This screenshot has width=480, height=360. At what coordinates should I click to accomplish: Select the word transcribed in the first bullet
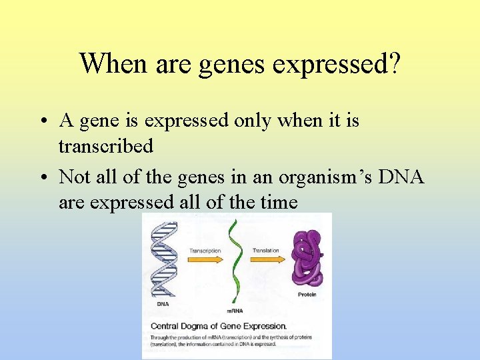[105, 145]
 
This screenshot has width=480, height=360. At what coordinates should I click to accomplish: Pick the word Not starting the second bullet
[75, 177]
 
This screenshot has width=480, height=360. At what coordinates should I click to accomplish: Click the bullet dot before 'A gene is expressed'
[42, 121]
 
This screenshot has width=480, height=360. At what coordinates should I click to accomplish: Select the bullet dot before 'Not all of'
[42, 177]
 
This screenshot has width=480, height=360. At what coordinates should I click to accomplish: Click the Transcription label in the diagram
[205, 251]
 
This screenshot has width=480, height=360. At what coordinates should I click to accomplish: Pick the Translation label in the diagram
[265, 251]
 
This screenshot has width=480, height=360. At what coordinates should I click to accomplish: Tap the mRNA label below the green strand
[234, 311]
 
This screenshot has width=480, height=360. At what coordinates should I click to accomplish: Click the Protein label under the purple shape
[307, 295]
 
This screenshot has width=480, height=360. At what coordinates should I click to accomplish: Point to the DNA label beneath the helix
[163, 304]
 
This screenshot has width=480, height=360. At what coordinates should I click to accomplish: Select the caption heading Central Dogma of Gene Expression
[219, 326]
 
